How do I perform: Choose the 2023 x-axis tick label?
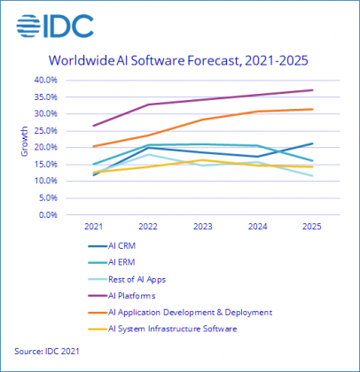(202, 228)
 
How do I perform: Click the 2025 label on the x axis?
(311, 228)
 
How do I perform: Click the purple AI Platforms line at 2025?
(311, 90)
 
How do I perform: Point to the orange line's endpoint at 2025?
(311, 109)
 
